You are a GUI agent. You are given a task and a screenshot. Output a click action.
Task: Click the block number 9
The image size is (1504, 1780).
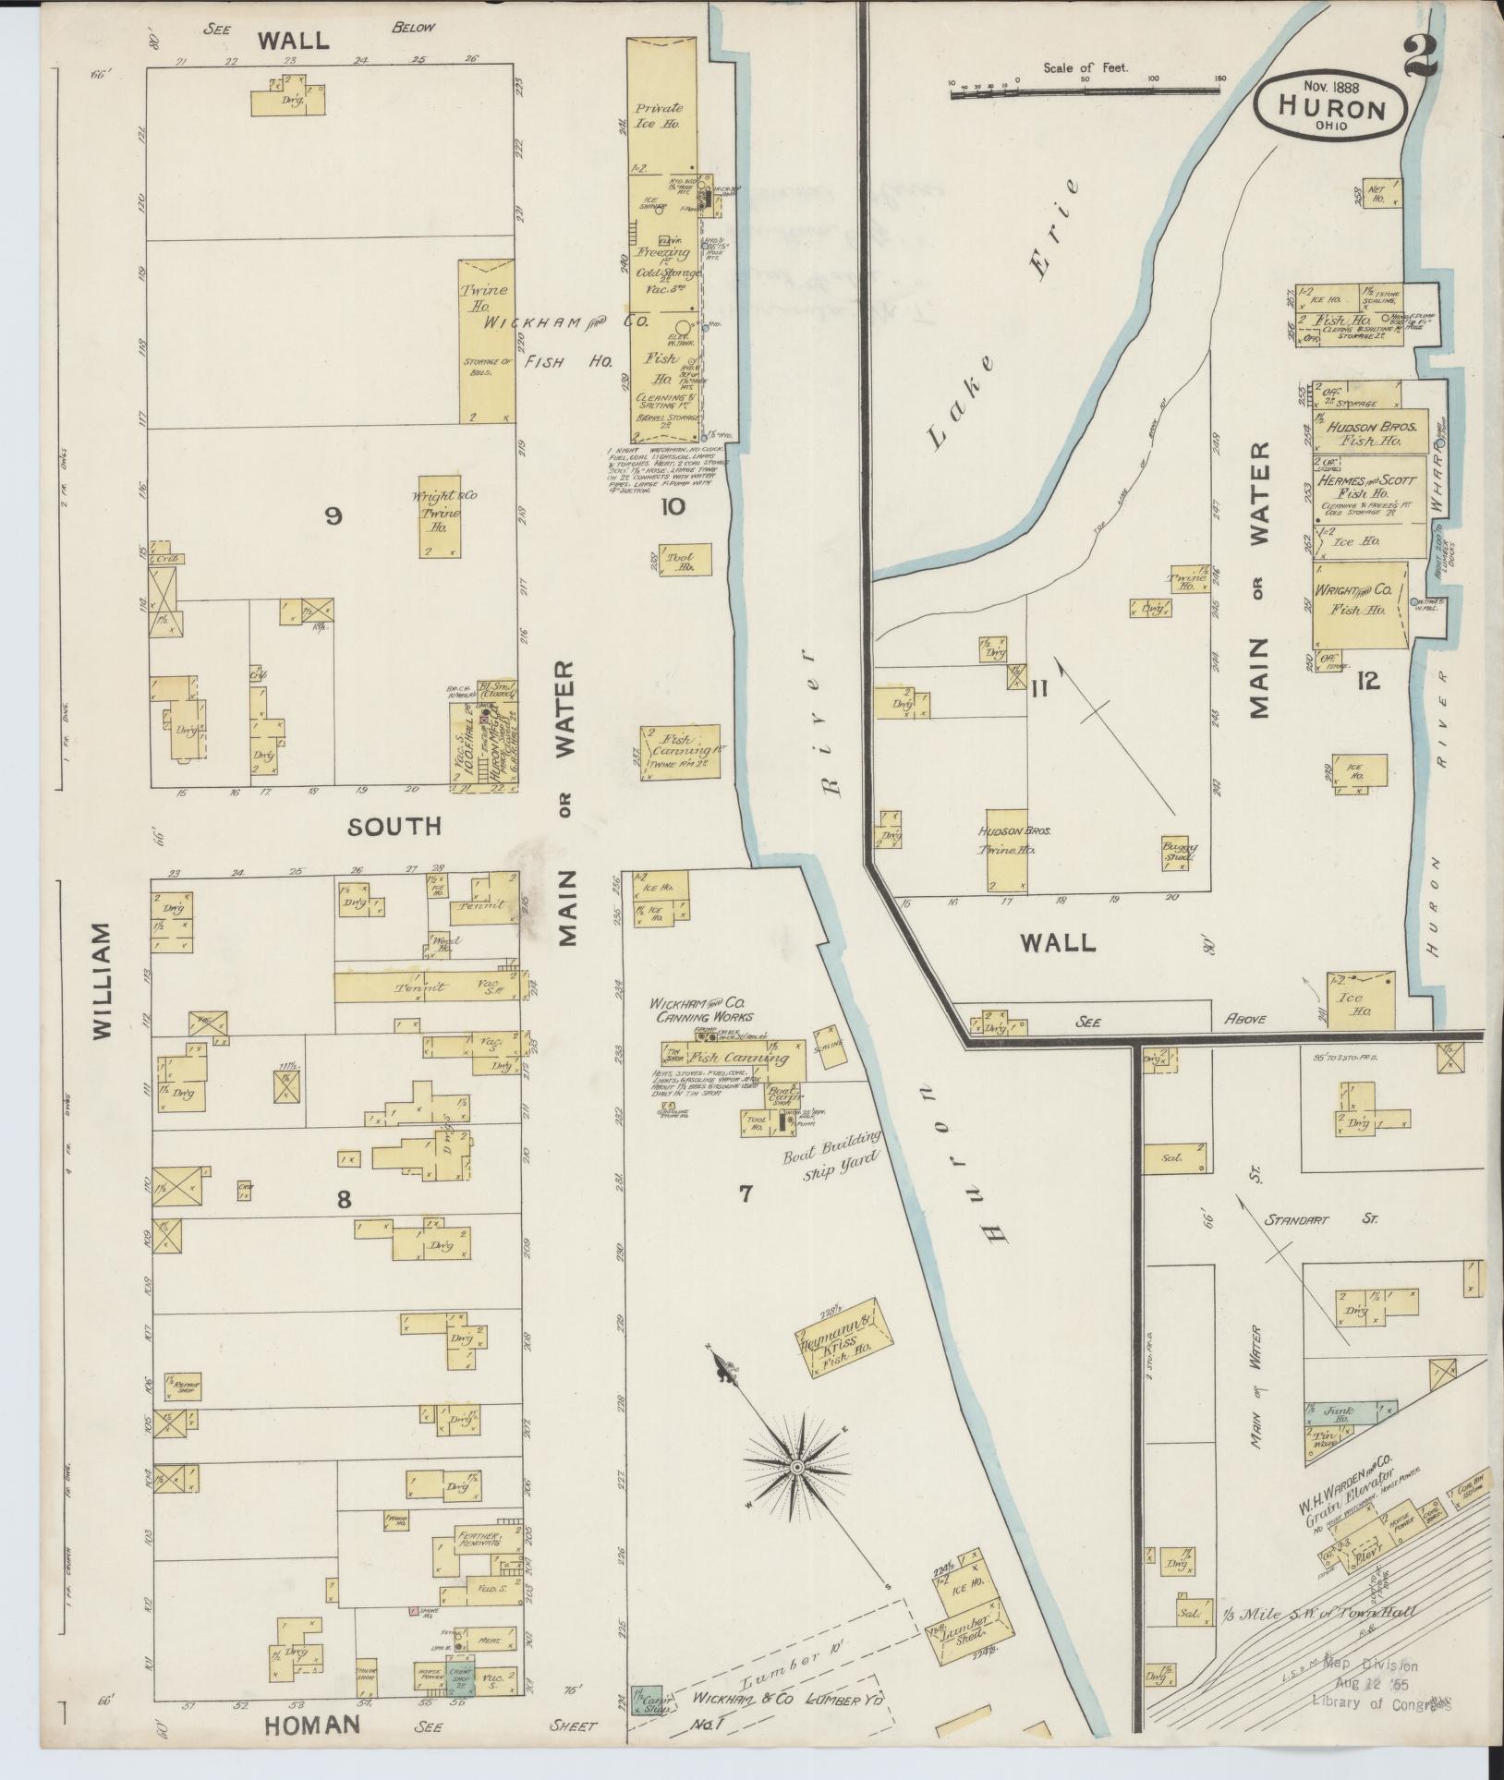[x=333, y=516]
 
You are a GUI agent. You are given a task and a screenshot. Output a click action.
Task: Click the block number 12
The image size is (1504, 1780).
[x=1368, y=682]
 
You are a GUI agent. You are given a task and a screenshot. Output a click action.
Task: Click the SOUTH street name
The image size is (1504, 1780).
[x=382, y=827]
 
